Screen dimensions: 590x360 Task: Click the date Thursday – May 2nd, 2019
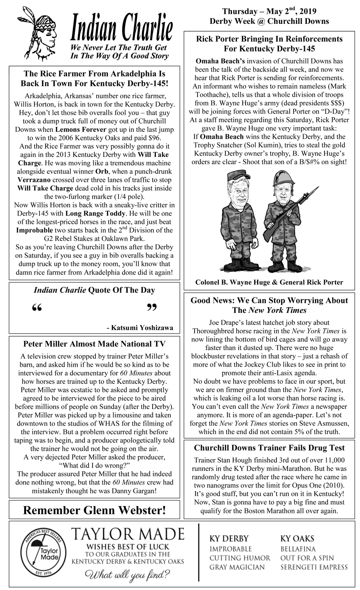tap(269, 11)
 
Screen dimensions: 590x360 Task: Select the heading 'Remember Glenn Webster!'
tap(95, 511)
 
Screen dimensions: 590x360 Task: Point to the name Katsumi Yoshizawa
tap(140, 328)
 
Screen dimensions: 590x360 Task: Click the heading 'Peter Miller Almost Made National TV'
tap(95, 344)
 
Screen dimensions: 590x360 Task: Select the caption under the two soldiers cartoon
tap(269, 282)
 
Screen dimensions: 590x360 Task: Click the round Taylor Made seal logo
tap(41, 554)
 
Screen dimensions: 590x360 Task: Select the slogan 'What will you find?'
tap(128, 574)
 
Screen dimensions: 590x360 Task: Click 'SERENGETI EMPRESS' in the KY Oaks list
tap(314, 567)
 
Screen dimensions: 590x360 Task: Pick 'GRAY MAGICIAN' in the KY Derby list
tap(237, 567)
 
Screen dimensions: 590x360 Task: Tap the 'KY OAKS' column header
tap(297, 539)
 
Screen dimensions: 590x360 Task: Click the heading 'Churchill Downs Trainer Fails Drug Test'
tap(269, 448)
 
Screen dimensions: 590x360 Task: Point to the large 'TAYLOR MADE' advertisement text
tap(128, 534)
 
